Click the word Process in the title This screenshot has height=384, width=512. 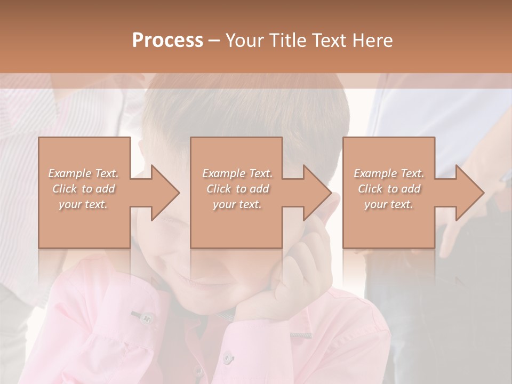pyautogui.click(x=167, y=41)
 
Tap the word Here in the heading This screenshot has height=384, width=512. pyautogui.click(x=372, y=41)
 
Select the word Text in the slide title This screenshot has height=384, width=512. pyautogui.click(x=329, y=41)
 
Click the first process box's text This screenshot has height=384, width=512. pyautogui.click(x=84, y=189)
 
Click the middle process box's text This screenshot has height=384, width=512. pyautogui.click(x=237, y=189)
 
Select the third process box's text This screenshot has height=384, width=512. pyautogui.click(x=389, y=189)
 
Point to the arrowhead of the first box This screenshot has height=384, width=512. pyautogui.click(x=165, y=193)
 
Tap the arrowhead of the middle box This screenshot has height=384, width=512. pyautogui.click(x=317, y=193)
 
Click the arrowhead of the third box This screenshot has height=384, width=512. pyautogui.click(x=470, y=193)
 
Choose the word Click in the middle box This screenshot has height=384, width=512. pyautogui.click(x=218, y=189)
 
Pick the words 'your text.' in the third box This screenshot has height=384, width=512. pyautogui.click(x=389, y=204)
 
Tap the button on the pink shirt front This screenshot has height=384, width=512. pyautogui.click(x=227, y=356)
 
